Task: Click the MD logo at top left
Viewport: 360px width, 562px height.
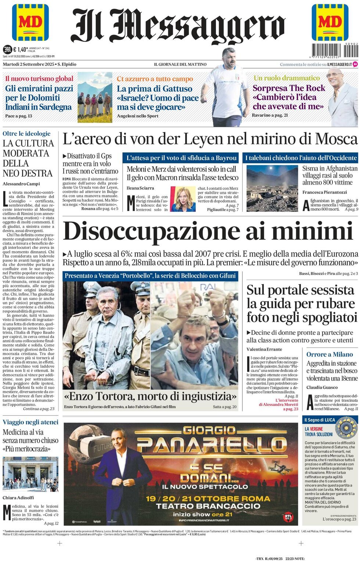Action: (x=30, y=22)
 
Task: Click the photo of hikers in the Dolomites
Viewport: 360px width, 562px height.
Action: (x=94, y=97)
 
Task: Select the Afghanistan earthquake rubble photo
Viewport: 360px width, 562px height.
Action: (x=272, y=188)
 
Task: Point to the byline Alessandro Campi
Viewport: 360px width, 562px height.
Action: (x=21, y=184)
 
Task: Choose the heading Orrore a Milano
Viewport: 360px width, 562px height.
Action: (x=330, y=354)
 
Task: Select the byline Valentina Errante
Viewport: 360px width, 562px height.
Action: (x=264, y=349)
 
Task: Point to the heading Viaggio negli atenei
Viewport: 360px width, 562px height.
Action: (x=30, y=422)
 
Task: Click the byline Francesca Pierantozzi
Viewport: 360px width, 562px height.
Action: (x=324, y=192)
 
